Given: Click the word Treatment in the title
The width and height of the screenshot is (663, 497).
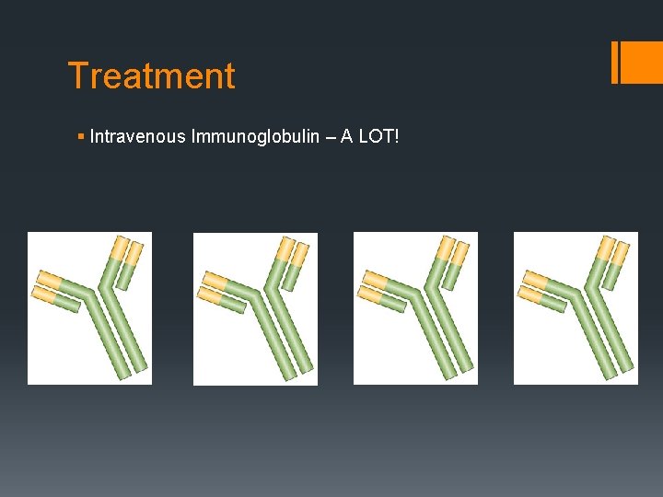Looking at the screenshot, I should click(x=152, y=75).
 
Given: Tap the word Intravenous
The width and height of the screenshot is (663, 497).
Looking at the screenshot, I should click(x=138, y=137).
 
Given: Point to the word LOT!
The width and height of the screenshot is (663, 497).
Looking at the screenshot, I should click(x=380, y=137).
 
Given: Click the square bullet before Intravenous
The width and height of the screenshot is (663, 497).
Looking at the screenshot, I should click(x=83, y=138).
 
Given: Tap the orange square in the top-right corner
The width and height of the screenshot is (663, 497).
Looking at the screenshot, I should click(x=643, y=63).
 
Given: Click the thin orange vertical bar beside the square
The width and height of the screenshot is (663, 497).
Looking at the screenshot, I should click(x=614, y=63).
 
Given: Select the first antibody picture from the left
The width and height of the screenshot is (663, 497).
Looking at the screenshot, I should click(x=89, y=307).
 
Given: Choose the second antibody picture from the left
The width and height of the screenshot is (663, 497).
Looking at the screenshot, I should click(x=255, y=308).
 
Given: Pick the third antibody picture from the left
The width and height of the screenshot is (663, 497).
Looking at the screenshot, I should click(x=415, y=307).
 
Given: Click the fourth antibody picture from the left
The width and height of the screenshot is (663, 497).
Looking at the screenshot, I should click(x=576, y=307).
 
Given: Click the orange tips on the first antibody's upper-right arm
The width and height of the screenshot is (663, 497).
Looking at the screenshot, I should click(x=127, y=250).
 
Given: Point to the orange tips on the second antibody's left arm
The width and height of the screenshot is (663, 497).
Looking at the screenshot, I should click(x=213, y=286).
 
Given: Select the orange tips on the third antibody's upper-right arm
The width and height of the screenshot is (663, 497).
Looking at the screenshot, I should click(x=451, y=250).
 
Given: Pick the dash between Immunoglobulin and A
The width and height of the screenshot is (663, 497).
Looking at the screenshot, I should click(x=329, y=137).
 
